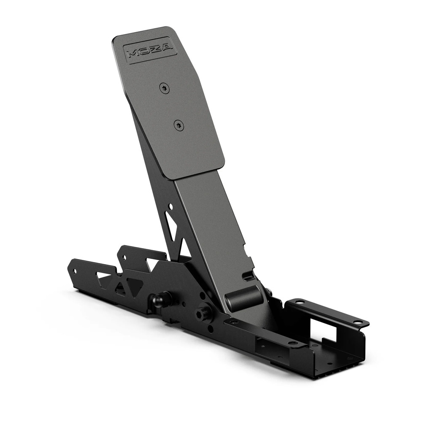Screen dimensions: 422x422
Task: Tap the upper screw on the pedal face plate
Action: (x=164, y=88)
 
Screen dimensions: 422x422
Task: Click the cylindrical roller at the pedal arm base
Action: (x=243, y=298)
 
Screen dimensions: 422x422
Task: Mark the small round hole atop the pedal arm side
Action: (x=170, y=207)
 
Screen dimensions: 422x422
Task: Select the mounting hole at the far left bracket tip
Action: (x=75, y=271)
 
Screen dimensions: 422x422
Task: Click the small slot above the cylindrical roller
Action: (x=248, y=276)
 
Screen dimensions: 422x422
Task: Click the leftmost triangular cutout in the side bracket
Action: (x=103, y=276)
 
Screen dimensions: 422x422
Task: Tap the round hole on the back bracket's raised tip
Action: (x=124, y=256)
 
